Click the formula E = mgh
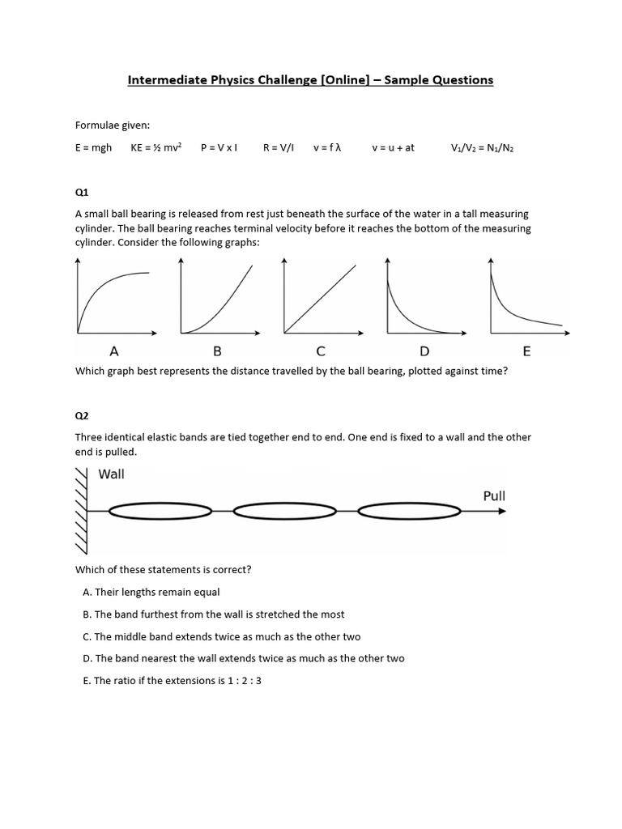pyautogui.click(x=94, y=148)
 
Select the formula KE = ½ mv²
pyautogui.click(x=156, y=148)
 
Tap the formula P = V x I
pyautogui.click(x=219, y=148)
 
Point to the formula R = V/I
pyautogui.click(x=279, y=148)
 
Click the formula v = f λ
pyautogui.click(x=327, y=148)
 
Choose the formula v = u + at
pyautogui.click(x=393, y=148)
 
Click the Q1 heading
pyautogui.click(x=82, y=192)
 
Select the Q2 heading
pyautogui.click(x=82, y=415)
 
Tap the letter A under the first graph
pyautogui.click(x=114, y=351)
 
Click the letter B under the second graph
pyautogui.click(x=217, y=351)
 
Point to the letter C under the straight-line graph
pyautogui.click(x=321, y=351)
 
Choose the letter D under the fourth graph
pyautogui.click(x=424, y=351)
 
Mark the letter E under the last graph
pyautogui.click(x=527, y=351)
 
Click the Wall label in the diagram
pyautogui.click(x=112, y=474)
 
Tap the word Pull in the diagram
pyautogui.click(x=494, y=495)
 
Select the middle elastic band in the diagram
pyautogui.click(x=284, y=511)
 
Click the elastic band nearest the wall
pyautogui.click(x=160, y=511)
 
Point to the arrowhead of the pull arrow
pyautogui.click(x=502, y=511)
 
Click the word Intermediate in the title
pyautogui.click(x=167, y=79)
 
